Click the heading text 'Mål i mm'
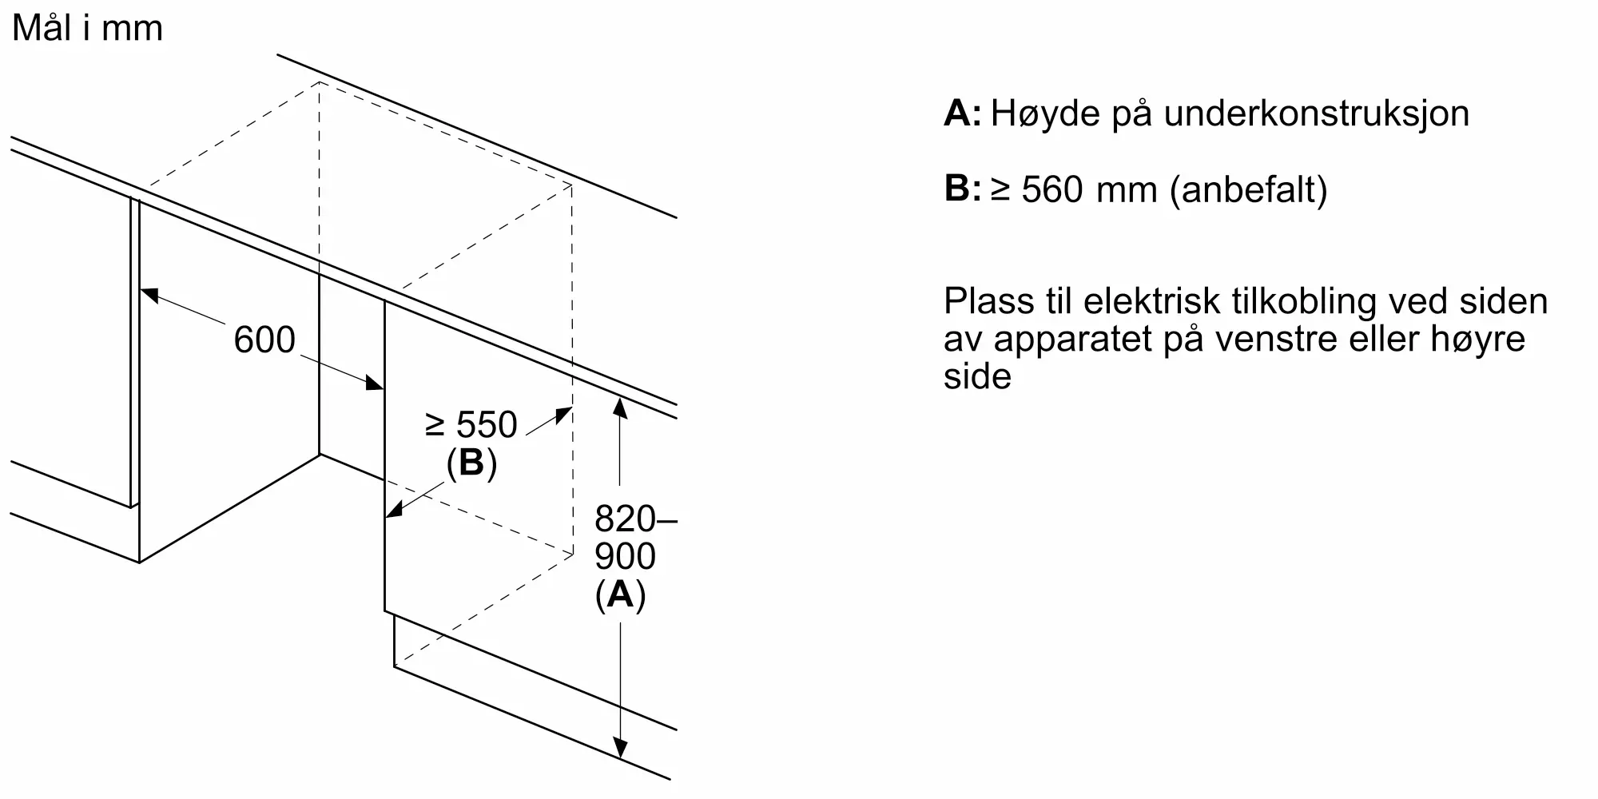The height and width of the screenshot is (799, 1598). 88,28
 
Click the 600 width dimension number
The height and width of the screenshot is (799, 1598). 264,340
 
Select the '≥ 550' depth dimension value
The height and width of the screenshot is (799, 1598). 471,425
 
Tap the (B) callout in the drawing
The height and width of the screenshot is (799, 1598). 471,463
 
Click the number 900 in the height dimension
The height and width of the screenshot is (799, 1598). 625,557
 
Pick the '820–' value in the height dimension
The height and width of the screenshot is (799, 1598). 635,520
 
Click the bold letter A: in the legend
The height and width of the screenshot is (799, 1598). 962,113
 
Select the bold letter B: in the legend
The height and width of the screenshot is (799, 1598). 962,189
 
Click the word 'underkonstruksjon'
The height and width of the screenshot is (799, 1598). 1316,113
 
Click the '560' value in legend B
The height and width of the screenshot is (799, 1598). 1053,190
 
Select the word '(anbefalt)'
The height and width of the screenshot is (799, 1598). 1248,190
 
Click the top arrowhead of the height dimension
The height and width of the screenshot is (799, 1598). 620,406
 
